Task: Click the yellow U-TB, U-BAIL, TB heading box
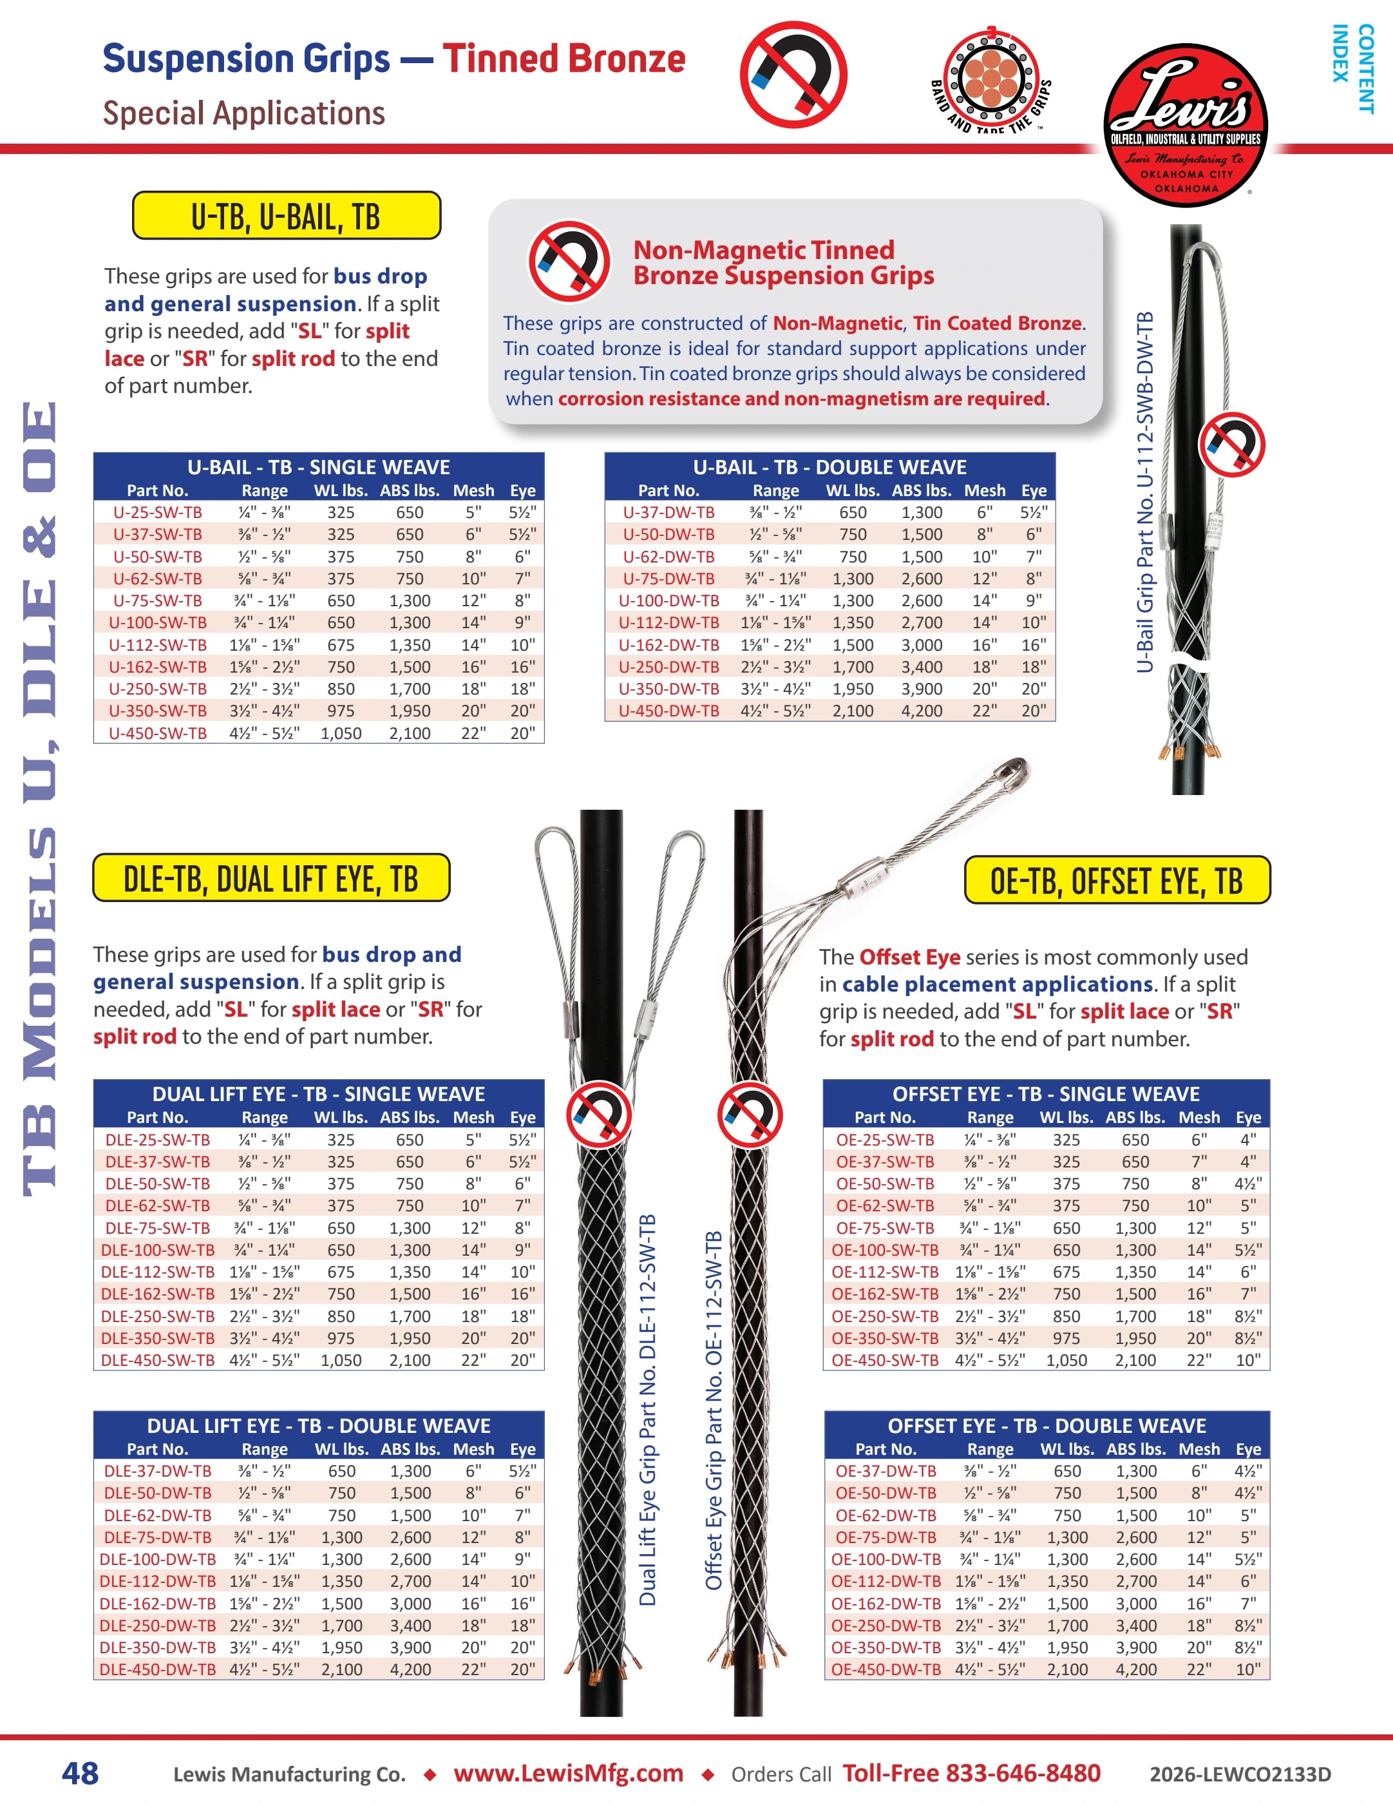[x=287, y=216]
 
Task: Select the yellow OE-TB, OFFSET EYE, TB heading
[x=1117, y=879]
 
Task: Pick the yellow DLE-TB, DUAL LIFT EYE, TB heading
[x=271, y=878]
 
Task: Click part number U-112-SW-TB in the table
[x=158, y=645]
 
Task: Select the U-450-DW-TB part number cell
[x=669, y=711]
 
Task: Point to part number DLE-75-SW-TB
[x=158, y=1228]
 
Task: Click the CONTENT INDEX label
[x=1353, y=68]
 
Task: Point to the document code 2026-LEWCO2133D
[x=1240, y=1774]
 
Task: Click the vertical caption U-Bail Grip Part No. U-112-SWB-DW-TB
[x=1144, y=492]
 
